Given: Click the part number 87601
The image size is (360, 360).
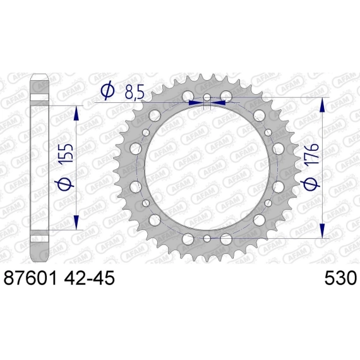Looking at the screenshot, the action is coord(30,277).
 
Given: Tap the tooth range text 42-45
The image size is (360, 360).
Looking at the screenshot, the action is coord(89,277).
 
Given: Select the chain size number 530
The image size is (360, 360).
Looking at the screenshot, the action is coord(340,277).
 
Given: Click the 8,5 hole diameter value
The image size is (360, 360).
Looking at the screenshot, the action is coord(135,92).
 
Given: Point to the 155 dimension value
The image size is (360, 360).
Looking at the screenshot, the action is coord(66,153).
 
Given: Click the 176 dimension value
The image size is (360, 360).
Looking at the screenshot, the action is coord(311,153).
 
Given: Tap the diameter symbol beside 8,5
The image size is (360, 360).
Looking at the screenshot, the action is coord(107,90).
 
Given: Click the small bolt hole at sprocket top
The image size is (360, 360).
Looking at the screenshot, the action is coord(207,97).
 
